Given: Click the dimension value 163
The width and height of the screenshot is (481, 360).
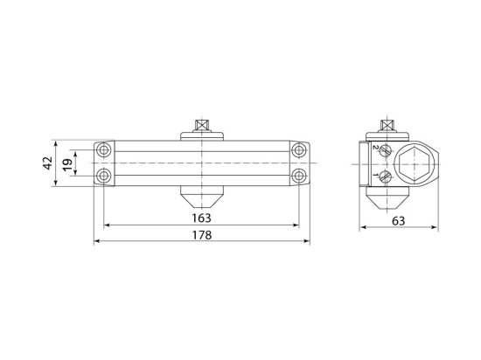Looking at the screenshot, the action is (x=201, y=218).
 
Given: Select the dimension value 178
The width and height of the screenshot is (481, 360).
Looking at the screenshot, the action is (x=202, y=235).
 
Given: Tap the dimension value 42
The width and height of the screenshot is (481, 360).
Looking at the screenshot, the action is (x=47, y=163).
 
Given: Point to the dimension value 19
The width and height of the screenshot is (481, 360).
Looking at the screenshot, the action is (x=67, y=164).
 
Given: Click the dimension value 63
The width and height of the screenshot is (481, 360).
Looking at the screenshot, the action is (x=398, y=221).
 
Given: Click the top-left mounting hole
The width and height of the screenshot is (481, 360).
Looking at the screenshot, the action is (x=104, y=150).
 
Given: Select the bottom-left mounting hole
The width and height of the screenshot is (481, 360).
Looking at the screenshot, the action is (x=104, y=176).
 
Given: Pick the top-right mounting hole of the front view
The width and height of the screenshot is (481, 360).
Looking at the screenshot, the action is (x=298, y=150).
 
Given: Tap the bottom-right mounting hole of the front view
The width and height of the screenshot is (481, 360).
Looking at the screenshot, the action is (x=298, y=176).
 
